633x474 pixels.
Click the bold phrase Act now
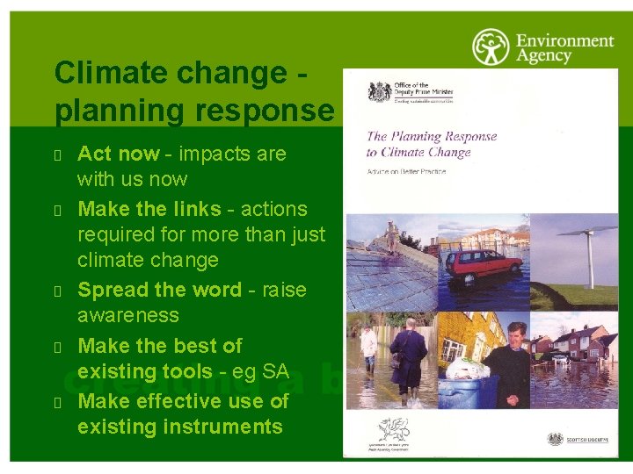118,154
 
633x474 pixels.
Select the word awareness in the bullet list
127,315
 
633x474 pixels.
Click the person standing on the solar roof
391,236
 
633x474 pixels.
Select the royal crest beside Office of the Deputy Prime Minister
380,91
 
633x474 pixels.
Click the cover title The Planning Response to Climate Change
431,144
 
